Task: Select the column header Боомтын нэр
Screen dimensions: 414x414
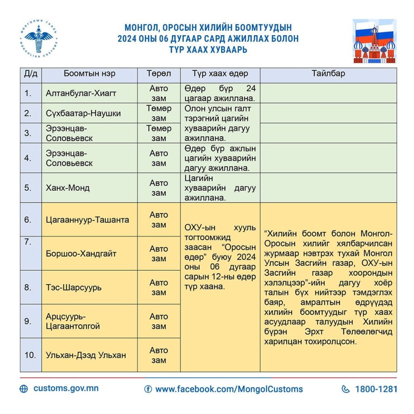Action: (x=89, y=74)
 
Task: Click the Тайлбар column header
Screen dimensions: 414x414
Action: (x=328, y=74)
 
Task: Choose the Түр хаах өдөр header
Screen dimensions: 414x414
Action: (x=220, y=74)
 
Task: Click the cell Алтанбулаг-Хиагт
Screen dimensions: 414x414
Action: (x=81, y=93)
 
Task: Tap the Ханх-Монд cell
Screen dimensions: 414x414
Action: (x=68, y=188)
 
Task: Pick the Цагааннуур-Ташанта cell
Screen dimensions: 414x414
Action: (x=87, y=220)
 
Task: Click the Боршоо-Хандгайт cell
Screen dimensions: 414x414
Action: (x=81, y=253)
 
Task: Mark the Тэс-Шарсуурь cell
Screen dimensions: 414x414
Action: (x=74, y=287)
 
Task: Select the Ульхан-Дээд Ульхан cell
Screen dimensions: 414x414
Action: (x=86, y=355)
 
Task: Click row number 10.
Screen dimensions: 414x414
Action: (x=31, y=355)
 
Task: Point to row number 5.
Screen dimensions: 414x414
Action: (x=28, y=188)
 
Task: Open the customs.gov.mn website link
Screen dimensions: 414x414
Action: (x=66, y=389)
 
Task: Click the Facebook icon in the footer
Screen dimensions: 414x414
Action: (x=148, y=389)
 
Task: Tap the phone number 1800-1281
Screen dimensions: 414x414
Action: (x=376, y=389)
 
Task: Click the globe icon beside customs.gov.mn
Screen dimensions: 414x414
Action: (x=24, y=389)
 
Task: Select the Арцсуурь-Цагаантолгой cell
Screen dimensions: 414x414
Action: (x=73, y=321)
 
